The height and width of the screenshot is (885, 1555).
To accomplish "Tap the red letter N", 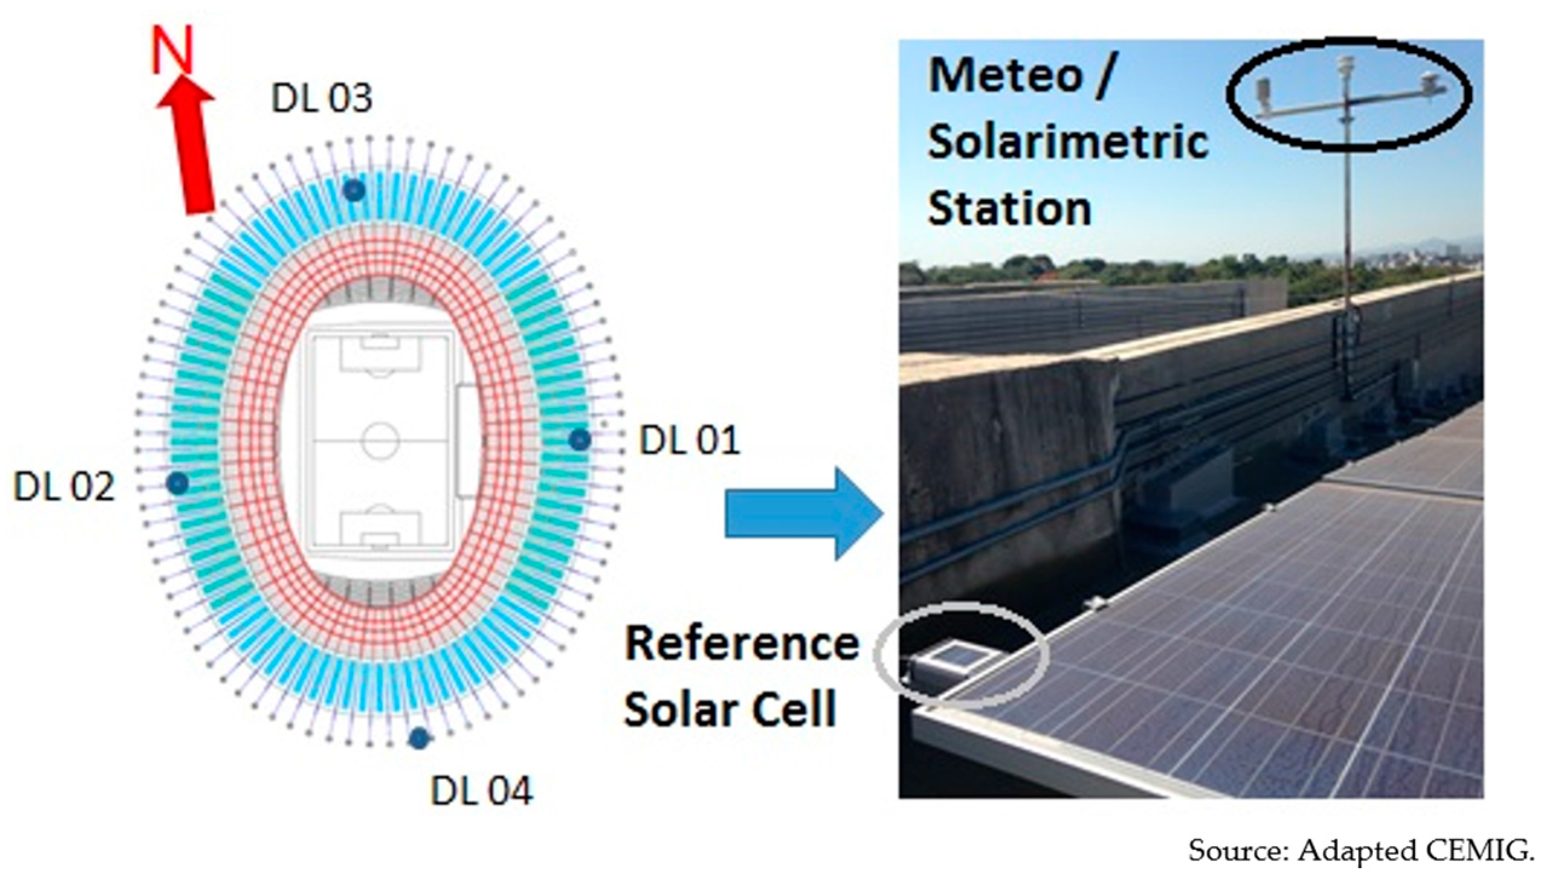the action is pyautogui.click(x=172, y=51).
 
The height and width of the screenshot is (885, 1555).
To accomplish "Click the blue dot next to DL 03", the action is pyautogui.click(x=354, y=191).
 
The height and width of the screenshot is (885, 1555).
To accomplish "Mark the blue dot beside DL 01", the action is pyautogui.click(x=580, y=439).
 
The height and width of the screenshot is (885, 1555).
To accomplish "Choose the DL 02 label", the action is pyautogui.click(x=64, y=486).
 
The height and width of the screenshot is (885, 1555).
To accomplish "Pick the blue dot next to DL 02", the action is pyautogui.click(x=177, y=484).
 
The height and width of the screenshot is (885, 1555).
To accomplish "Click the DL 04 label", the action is pyautogui.click(x=482, y=790).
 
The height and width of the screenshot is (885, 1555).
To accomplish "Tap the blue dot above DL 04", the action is pyautogui.click(x=419, y=739).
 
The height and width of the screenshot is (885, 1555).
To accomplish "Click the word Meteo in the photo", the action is pyautogui.click(x=1006, y=77).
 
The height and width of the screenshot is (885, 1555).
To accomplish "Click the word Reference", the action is pyautogui.click(x=742, y=644).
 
